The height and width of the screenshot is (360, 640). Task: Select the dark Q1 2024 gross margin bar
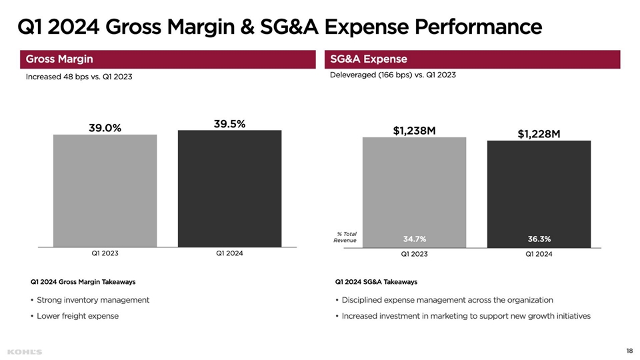[229, 188]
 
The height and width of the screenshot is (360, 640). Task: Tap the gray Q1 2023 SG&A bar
[414, 187]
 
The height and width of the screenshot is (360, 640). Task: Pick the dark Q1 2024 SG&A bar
[539, 190]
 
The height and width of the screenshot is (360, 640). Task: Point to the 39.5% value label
[229, 123]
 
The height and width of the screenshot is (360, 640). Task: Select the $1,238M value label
[414, 131]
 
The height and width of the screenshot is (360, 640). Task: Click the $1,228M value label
[539, 134]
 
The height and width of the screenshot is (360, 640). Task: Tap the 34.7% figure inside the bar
[414, 239]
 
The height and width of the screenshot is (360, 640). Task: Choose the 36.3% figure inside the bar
[539, 239]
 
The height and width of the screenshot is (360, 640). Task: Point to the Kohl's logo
[25, 351]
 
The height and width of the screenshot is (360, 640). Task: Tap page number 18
[629, 351]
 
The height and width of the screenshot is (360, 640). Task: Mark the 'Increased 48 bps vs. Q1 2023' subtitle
[79, 77]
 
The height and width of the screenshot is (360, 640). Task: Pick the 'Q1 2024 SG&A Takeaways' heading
[376, 282]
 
